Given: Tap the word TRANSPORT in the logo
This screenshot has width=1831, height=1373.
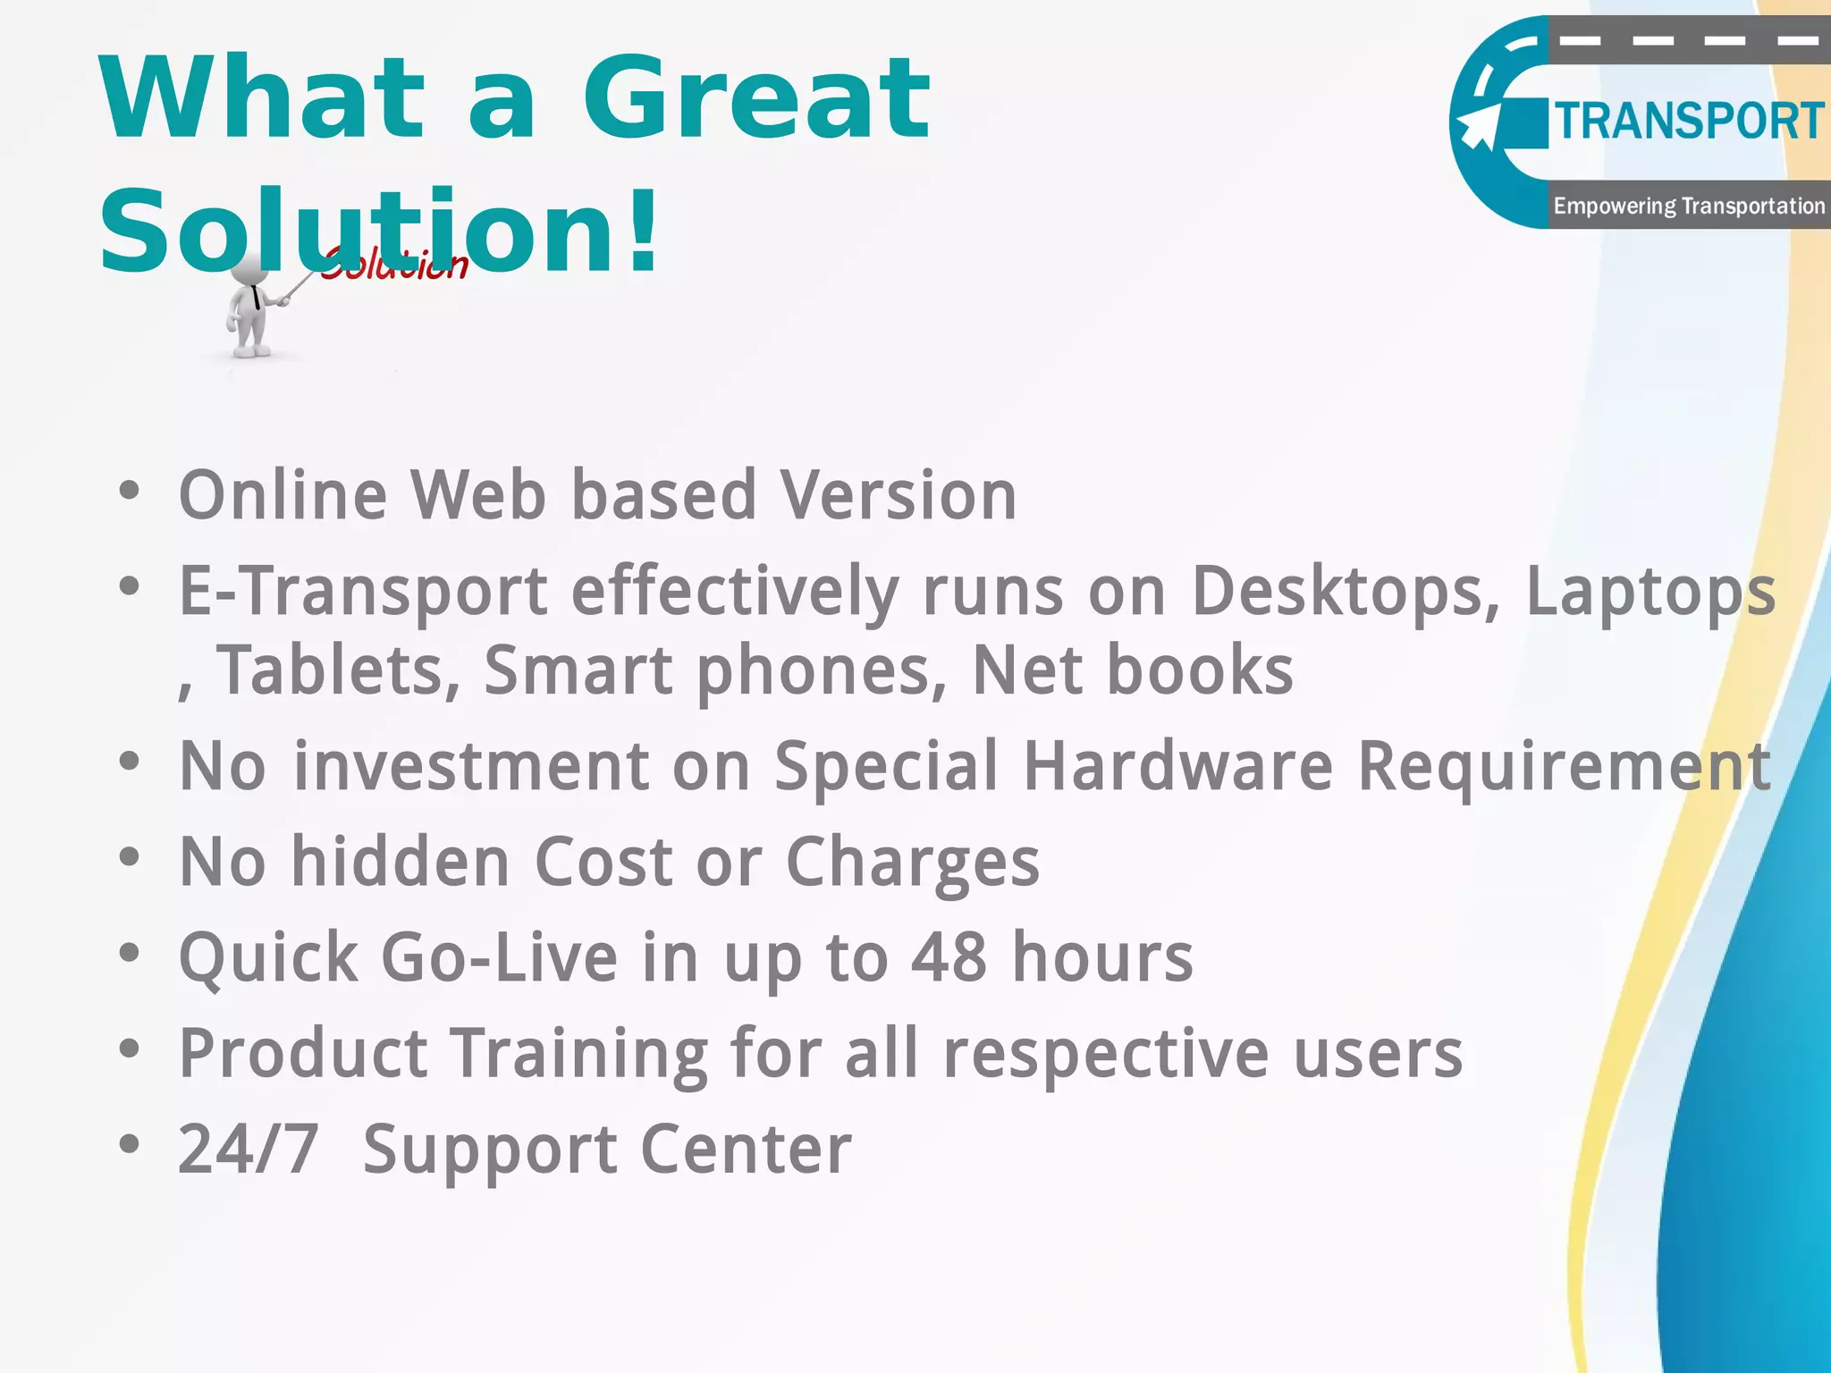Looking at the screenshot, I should click(1688, 122).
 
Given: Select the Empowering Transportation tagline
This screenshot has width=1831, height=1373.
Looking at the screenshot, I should click(1688, 206).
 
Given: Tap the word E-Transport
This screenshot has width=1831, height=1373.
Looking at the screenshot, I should click(363, 591).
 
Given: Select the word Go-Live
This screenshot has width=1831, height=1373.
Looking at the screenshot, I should click(499, 956).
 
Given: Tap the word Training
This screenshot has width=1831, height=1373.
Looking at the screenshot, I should click(578, 1053).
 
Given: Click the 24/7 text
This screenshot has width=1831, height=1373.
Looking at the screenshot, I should click(249, 1149).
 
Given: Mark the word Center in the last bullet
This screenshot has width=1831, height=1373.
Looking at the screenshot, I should click(746, 1149).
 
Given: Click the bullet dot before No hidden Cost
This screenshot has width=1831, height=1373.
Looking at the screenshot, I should click(130, 857).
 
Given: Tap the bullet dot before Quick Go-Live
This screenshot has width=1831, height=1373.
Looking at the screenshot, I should click(130, 953).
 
